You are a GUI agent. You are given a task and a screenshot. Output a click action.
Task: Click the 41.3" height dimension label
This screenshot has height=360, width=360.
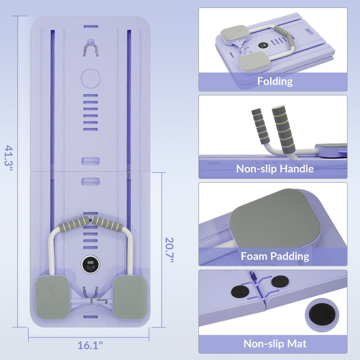(x=8, y=158)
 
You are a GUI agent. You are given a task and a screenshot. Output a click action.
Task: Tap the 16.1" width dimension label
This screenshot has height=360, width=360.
(x=90, y=345)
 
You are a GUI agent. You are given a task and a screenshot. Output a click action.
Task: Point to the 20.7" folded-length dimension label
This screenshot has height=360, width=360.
(x=169, y=250)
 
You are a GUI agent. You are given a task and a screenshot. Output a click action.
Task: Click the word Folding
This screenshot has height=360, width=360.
(x=275, y=82)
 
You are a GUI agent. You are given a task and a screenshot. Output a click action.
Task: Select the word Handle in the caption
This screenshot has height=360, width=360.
(x=297, y=169)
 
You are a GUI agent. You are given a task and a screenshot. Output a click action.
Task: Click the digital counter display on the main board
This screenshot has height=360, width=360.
(x=90, y=264)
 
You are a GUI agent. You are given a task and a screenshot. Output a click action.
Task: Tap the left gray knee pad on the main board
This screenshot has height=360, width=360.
(x=53, y=298)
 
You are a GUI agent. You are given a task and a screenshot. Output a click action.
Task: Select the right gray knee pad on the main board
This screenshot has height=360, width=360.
(x=131, y=298)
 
